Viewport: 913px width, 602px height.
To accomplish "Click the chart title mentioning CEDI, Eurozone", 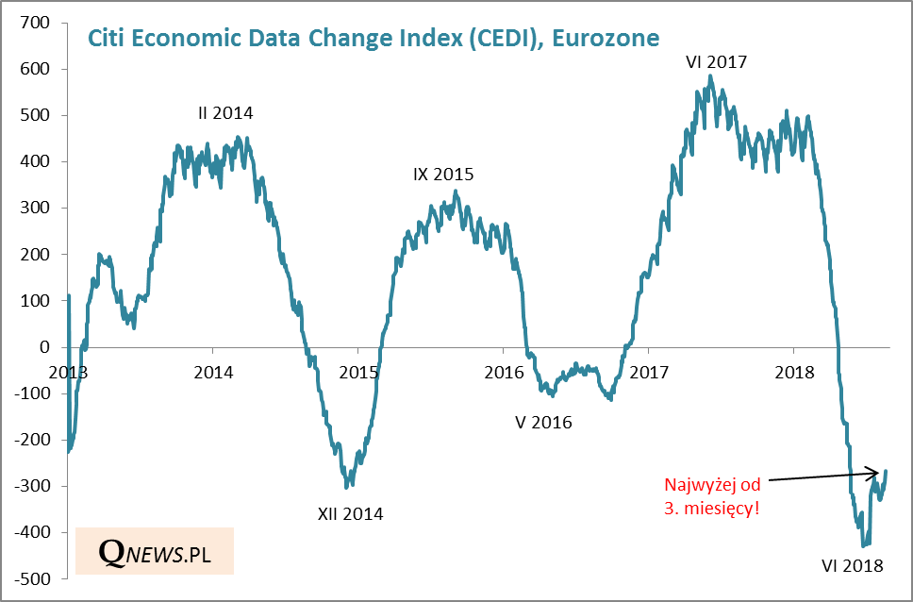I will tap(373, 38).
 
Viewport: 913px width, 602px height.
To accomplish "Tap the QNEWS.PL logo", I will tap(155, 552).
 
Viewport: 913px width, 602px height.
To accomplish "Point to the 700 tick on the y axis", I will tap(35, 23).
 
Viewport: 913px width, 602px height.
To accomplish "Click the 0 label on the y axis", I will tap(44, 347).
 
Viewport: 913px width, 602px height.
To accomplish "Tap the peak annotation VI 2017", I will tap(716, 62).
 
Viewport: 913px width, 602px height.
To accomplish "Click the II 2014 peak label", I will tap(225, 113).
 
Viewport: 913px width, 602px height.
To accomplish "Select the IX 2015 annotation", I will tap(443, 175).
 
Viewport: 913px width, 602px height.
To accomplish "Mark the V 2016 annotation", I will tap(543, 422).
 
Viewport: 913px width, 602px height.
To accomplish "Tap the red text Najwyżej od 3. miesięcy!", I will tap(712, 495).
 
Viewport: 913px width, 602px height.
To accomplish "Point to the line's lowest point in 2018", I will tap(863, 546).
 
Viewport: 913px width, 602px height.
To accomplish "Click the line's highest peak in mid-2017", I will tap(710, 76).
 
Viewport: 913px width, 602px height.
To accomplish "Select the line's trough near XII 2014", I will tap(347, 487).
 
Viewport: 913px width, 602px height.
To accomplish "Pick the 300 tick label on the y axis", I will tap(35, 208).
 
